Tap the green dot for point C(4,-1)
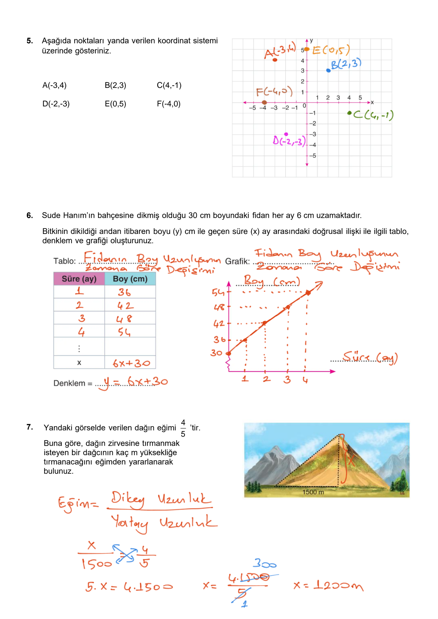349,113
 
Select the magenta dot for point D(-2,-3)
286,134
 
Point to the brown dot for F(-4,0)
264,102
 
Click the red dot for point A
275,60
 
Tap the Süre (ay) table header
79,279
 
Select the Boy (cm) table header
130,279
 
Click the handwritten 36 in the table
124,292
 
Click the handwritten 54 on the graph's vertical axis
218,292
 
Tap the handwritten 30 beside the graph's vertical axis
216,353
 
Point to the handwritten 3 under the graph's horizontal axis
287,379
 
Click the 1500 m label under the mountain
313,492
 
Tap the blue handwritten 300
264,563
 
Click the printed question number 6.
30,216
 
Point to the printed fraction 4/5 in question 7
183,428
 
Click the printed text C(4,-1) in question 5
169,86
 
